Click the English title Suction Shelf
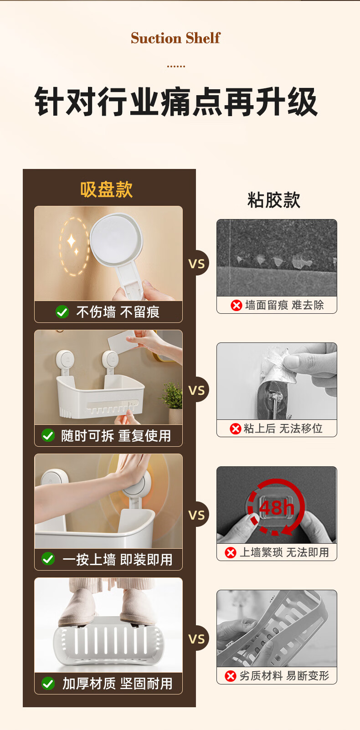175,38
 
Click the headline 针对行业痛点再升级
176,102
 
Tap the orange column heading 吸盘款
106,189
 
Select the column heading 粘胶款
273,200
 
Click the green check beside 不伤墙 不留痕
62,312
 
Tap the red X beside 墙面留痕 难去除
237,306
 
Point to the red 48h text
277,507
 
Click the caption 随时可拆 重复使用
116,436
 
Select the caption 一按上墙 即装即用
117,560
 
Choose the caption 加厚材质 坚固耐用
117,684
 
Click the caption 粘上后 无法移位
283,429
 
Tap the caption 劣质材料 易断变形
284,676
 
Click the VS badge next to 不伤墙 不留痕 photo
196,263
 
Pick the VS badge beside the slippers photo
196,638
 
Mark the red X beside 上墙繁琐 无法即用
231,552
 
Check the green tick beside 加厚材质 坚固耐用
48,683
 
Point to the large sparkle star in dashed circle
72,241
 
